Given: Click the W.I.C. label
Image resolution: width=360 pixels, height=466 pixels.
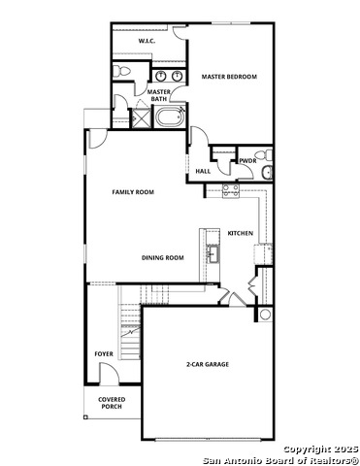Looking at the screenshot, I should pyautogui.click(x=147, y=42).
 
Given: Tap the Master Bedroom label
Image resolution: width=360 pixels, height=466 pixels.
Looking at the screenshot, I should pyautogui.click(x=228, y=76).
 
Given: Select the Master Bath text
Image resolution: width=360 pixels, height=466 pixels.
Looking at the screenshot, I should pyautogui.click(x=159, y=95).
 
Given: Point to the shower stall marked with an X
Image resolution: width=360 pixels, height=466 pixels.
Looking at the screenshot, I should pyautogui.click(x=139, y=119).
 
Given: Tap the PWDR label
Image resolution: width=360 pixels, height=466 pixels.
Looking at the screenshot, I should pyautogui.click(x=247, y=161).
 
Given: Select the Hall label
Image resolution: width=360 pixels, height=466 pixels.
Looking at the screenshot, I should pyautogui.click(x=203, y=171).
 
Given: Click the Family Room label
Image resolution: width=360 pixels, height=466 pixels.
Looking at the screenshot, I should pyautogui.click(x=133, y=192).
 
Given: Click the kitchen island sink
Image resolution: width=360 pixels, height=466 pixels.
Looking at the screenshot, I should pyautogui.click(x=212, y=255).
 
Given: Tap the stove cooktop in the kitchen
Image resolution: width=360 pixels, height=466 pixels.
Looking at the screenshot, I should pyautogui.click(x=232, y=191).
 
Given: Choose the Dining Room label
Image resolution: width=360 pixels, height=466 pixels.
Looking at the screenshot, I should pyautogui.click(x=162, y=257).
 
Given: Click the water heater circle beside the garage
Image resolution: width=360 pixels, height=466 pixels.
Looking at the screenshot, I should pyautogui.click(x=265, y=316).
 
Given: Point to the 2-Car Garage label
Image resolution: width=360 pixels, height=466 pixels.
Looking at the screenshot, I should pyautogui.click(x=208, y=365).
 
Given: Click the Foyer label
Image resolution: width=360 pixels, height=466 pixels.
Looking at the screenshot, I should pyautogui.click(x=103, y=354).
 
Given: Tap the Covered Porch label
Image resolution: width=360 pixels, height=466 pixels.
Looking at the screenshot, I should pyautogui.click(x=111, y=403).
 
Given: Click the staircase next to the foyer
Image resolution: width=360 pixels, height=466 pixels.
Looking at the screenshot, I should pyautogui.click(x=129, y=317).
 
